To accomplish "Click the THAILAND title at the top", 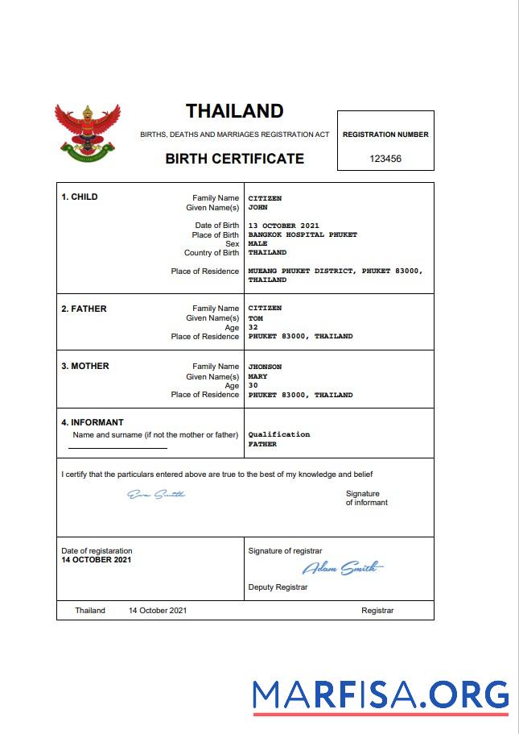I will pyautogui.click(x=234, y=111).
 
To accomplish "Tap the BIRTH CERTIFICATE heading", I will pyautogui.click(x=234, y=159).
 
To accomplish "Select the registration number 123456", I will pyautogui.click(x=385, y=159).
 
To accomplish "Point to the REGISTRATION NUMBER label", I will pyautogui.click(x=385, y=135).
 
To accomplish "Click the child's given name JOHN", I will pyautogui.click(x=257, y=207).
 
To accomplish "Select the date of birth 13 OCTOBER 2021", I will pyautogui.click(x=283, y=226).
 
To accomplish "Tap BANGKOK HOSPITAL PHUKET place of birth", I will pyautogui.click(x=303, y=235).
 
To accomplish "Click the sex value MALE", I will pyautogui.click(x=257, y=243).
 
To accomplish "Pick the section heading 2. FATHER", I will pyautogui.click(x=84, y=309).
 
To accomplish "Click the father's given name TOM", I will pyautogui.click(x=255, y=318).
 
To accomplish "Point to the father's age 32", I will pyautogui.click(x=253, y=327).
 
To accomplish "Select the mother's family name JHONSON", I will pyautogui.click(x=265, y=367).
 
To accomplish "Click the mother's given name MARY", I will pyautogui.click(x=257, y=376).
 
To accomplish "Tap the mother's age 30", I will pyautogui.click(x=253, y=385).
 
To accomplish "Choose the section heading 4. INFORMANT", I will pyautogui.click(x=93, y=422).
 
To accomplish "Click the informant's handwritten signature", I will pyautogui.click(x=156, y=494).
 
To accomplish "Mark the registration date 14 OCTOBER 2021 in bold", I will pyautogui.click(x=97, y=559).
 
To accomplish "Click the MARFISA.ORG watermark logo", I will pyautogui.click(x=380, y=695).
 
